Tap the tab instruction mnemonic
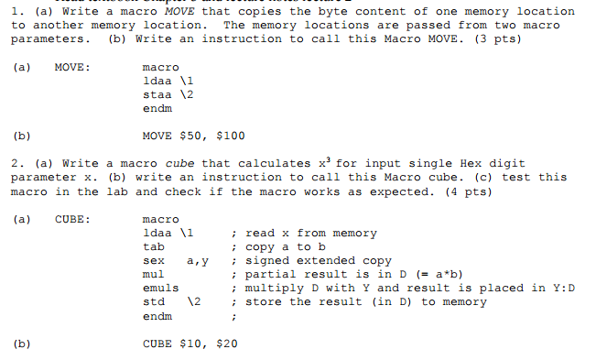[154, 247]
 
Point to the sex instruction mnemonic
[154, 261]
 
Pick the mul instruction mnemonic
[154, 275]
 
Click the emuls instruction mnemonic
[161, 289]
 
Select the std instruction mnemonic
[154, 302]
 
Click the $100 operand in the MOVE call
[230, 136]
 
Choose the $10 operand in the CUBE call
[196, 344]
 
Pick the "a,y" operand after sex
[198, 261]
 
